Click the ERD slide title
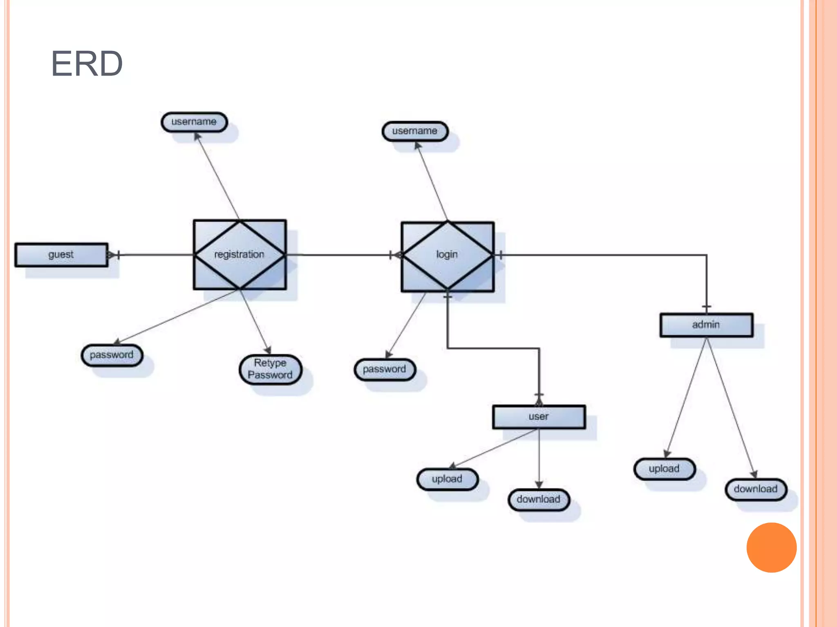pyautogui.click(x=87, y=63)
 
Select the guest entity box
pyautogui.click(x=61, y=255)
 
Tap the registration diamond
pyautogui.click(x=239, y=254)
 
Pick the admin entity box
pyautogui.click(x=706, y=325)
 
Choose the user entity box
pyautogui.click(x=539, y=417)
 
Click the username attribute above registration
pyautogui.click(x=194, y=122)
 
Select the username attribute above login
pyautogui.click(x=415, y=131)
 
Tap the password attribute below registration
pyautogui.click(x=112, y=355)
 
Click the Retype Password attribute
pyautogui.click(x=270, y=369)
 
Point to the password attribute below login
pyautogui.click(x=385, y=369)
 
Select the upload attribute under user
pyautogui.click(x=448, y=479)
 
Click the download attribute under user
pyautogui.click(x=539, y=500)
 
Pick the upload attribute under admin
pyautogui.click(x=665, y=469)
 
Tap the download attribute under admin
pyautogui.click(x=756, y=489)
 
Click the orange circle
pyautogui.click(x=771, y=547)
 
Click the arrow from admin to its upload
pyautogui.click(x=685, y=398)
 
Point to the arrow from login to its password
pyautogui.click(x=405, y=325)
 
